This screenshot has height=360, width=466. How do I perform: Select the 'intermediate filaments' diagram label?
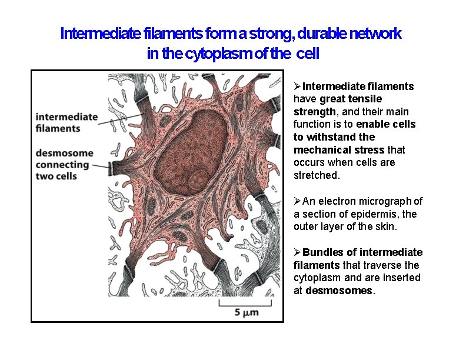point(66,122)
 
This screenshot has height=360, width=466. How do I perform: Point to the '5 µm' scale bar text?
point(247,313)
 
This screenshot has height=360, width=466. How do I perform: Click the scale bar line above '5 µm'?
point(247,304)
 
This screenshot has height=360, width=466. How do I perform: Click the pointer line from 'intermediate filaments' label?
point(121,121)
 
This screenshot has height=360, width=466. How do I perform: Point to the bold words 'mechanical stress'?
point(334,149)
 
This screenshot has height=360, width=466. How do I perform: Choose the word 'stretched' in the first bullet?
point(316,175)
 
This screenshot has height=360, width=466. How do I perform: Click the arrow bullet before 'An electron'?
point(297,201)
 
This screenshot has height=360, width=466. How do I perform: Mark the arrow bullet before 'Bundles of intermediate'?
point(297,252)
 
